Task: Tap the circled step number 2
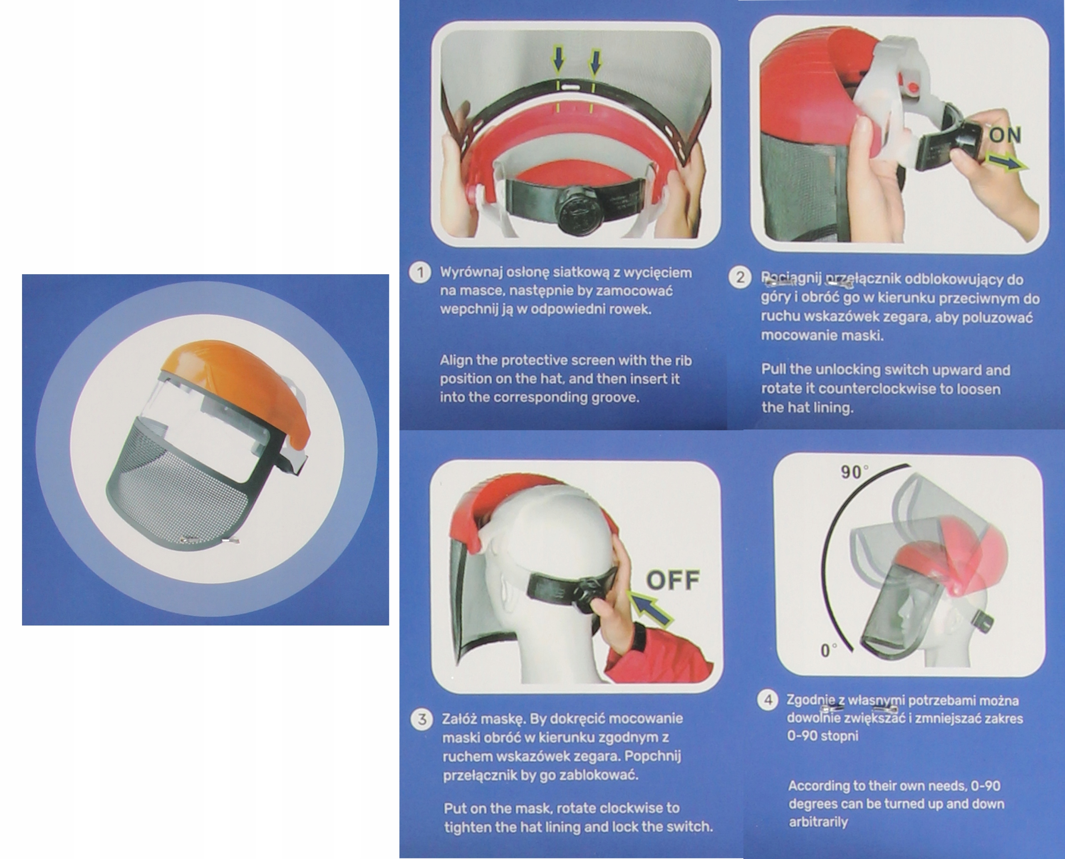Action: (740, 277)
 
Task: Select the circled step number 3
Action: (422, 720)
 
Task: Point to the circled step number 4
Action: (768, 700)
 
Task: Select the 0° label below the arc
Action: (829, 650)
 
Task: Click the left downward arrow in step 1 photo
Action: (558, 62)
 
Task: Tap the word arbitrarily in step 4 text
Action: (818, 822)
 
